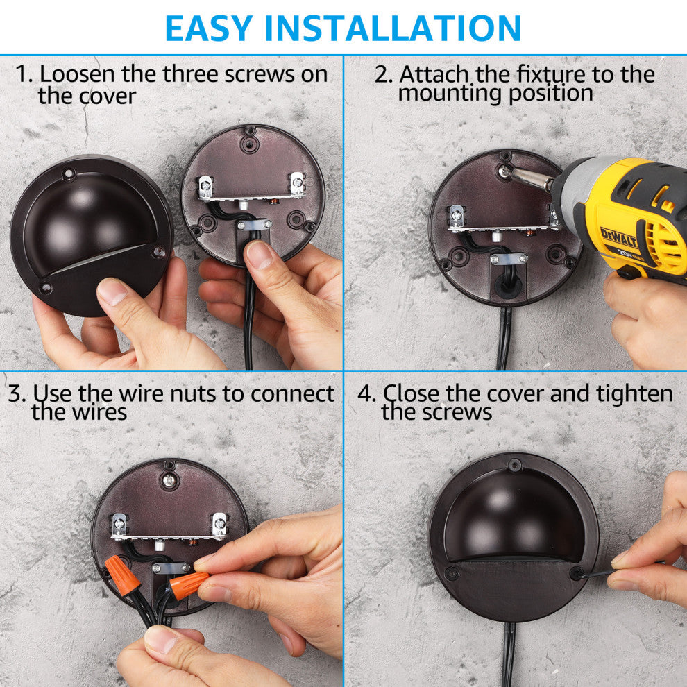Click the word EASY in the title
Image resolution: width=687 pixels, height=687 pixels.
(x=209, y=28)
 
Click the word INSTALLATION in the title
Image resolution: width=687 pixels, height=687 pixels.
(x=393, y=28)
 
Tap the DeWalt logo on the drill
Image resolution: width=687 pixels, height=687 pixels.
(x=618, y=237)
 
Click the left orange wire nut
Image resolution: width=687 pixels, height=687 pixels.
(x=123, y=575)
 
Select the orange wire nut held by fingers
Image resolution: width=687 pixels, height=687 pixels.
(x=188, y=585)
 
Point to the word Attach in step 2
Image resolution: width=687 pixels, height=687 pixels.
(x=434, y=74)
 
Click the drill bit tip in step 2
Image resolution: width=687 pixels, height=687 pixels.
(x=504, y=170)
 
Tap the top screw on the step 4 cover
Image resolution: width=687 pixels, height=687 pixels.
(x=514, y=464)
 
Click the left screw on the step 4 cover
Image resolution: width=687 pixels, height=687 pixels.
(x=452, y=572)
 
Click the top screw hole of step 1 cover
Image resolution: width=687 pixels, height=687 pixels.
(x=68, y=174)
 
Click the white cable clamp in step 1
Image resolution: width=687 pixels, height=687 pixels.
(x=254, y=225)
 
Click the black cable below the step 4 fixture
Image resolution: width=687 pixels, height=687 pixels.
(x=509, y=654)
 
